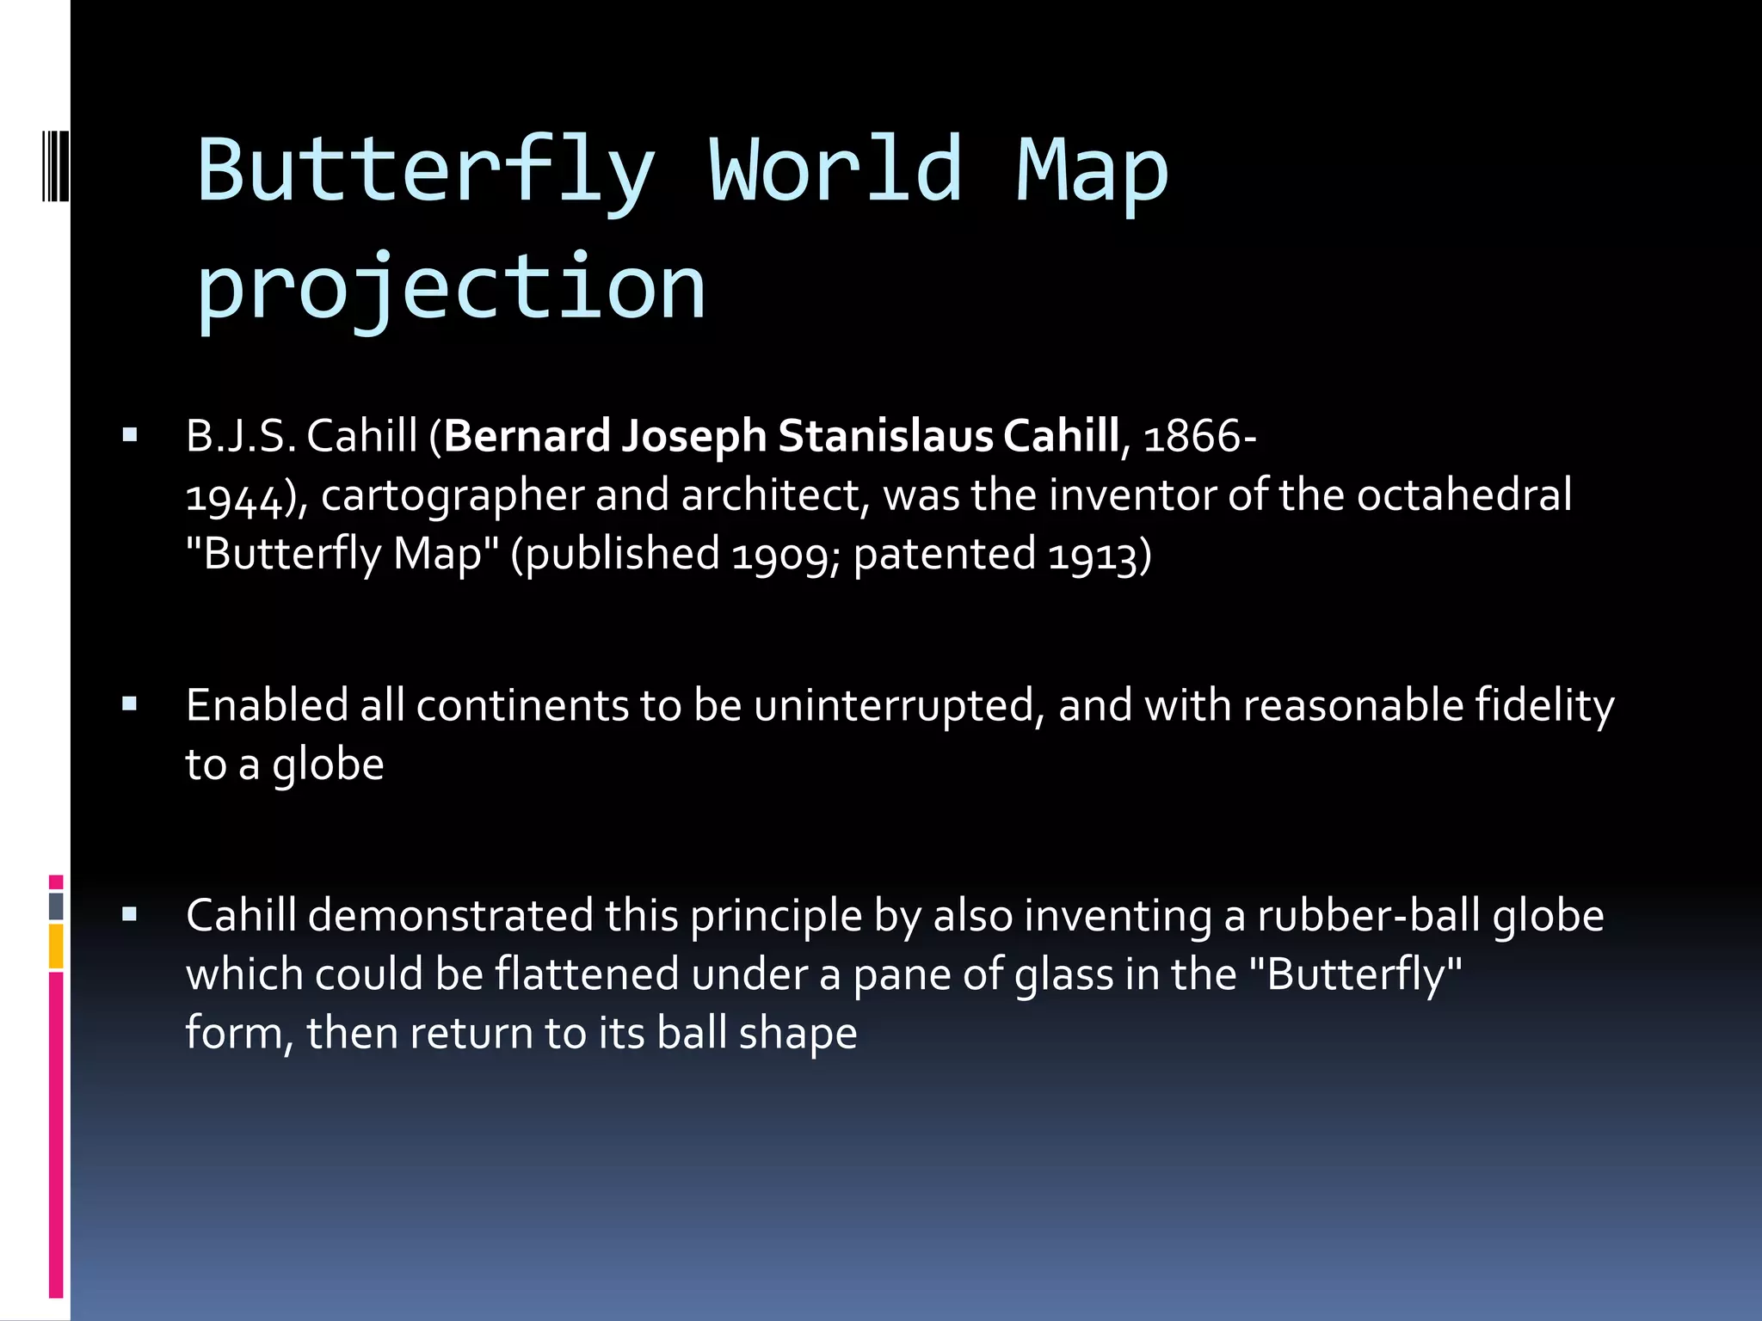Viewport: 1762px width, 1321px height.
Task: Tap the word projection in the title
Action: click(451, 287)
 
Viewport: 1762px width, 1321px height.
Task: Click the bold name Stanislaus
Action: click(885, 436)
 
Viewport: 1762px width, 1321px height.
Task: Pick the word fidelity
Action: click(1544, 706)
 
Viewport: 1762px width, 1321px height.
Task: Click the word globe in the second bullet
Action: click(328, 765)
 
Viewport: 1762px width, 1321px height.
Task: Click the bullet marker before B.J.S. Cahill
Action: click(130, 435)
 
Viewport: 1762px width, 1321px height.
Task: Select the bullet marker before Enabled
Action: click(130, 705)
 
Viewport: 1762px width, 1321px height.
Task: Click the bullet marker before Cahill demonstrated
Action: click(130, 914)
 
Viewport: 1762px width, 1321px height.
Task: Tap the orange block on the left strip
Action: click(56, 946)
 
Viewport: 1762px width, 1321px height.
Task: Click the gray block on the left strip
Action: click(56, 906)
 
